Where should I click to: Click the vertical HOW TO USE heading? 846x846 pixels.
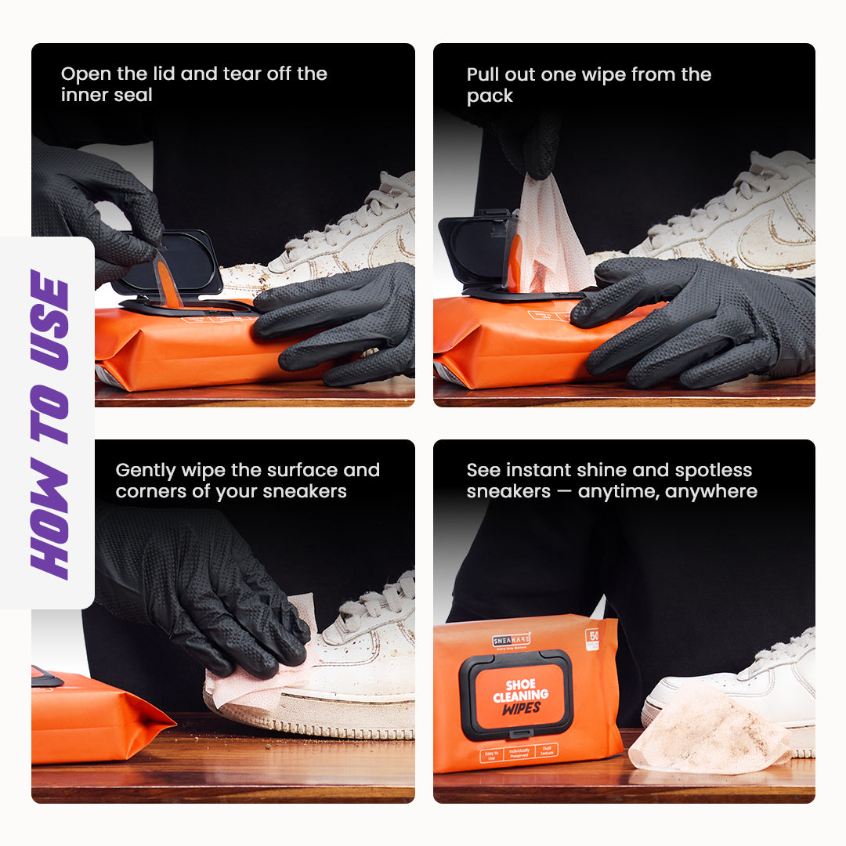tap(49, 424)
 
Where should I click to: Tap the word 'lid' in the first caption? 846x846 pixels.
tap(158, 74)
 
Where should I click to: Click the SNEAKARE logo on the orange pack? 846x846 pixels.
tap(512, 639)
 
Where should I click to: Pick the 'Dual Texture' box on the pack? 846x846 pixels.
tap(547, 750)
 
